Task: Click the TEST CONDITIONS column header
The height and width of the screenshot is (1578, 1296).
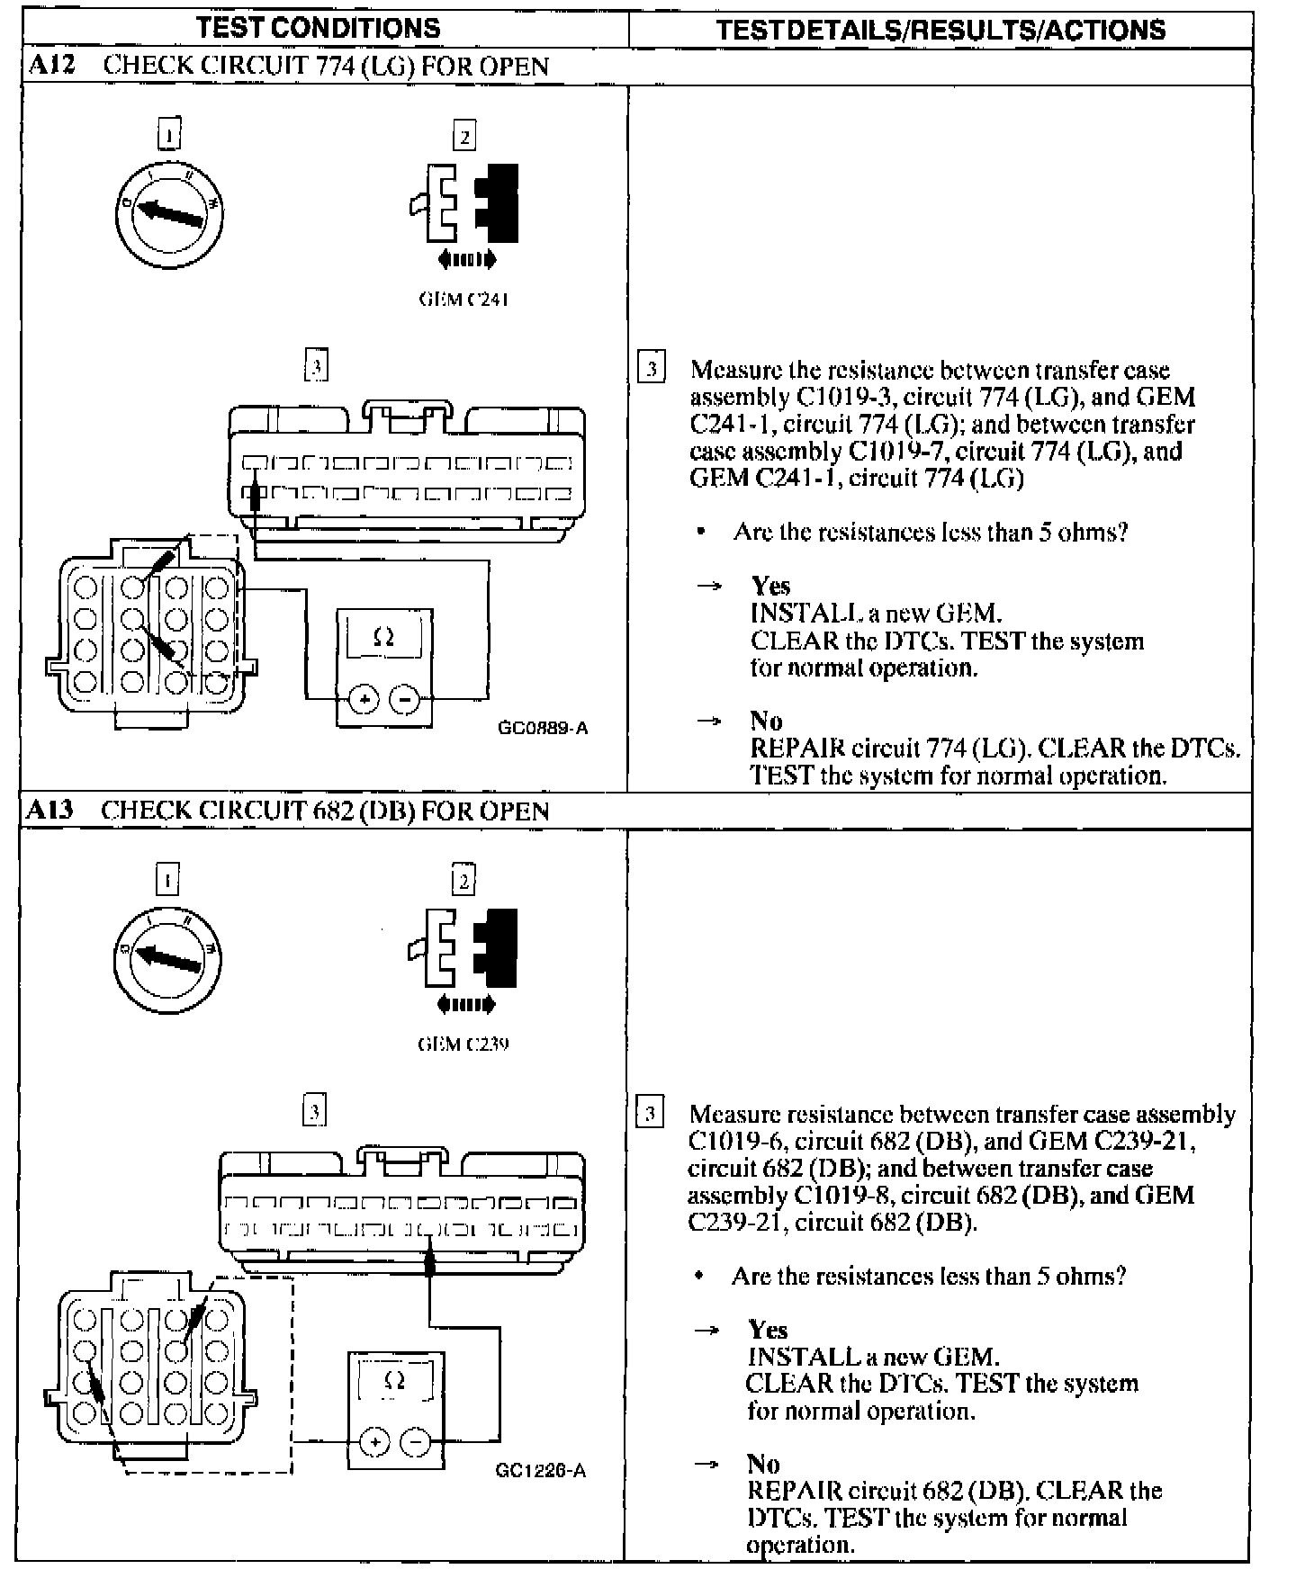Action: coord(319,28)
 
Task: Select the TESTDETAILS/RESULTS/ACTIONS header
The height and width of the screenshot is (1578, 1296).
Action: coord(940,30)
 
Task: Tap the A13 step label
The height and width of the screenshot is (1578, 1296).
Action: coord(49,810)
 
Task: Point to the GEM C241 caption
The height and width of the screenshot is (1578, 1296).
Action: coord(463,300)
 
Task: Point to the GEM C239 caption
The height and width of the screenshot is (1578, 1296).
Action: coord(463,1044)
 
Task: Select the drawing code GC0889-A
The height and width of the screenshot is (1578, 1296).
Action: coord(543,728)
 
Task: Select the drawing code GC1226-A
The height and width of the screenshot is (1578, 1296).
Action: coord(541,1470)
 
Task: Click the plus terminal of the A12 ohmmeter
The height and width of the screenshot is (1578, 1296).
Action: coord(364,698)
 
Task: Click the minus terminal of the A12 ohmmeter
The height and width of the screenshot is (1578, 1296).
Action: coord(405,698)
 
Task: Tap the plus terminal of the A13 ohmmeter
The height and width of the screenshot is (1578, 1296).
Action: coord(374,1443)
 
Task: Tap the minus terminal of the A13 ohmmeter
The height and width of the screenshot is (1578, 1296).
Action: coord(416,1443)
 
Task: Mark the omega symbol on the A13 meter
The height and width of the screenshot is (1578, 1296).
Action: coord(394,1381)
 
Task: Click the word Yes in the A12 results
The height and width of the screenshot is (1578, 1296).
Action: coord(770,587)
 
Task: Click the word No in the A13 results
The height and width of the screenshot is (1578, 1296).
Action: coord(763,1464)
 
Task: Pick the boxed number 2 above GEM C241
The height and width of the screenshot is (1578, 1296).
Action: coord(464,137)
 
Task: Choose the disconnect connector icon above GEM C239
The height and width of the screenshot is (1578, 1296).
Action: coord(464,949)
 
